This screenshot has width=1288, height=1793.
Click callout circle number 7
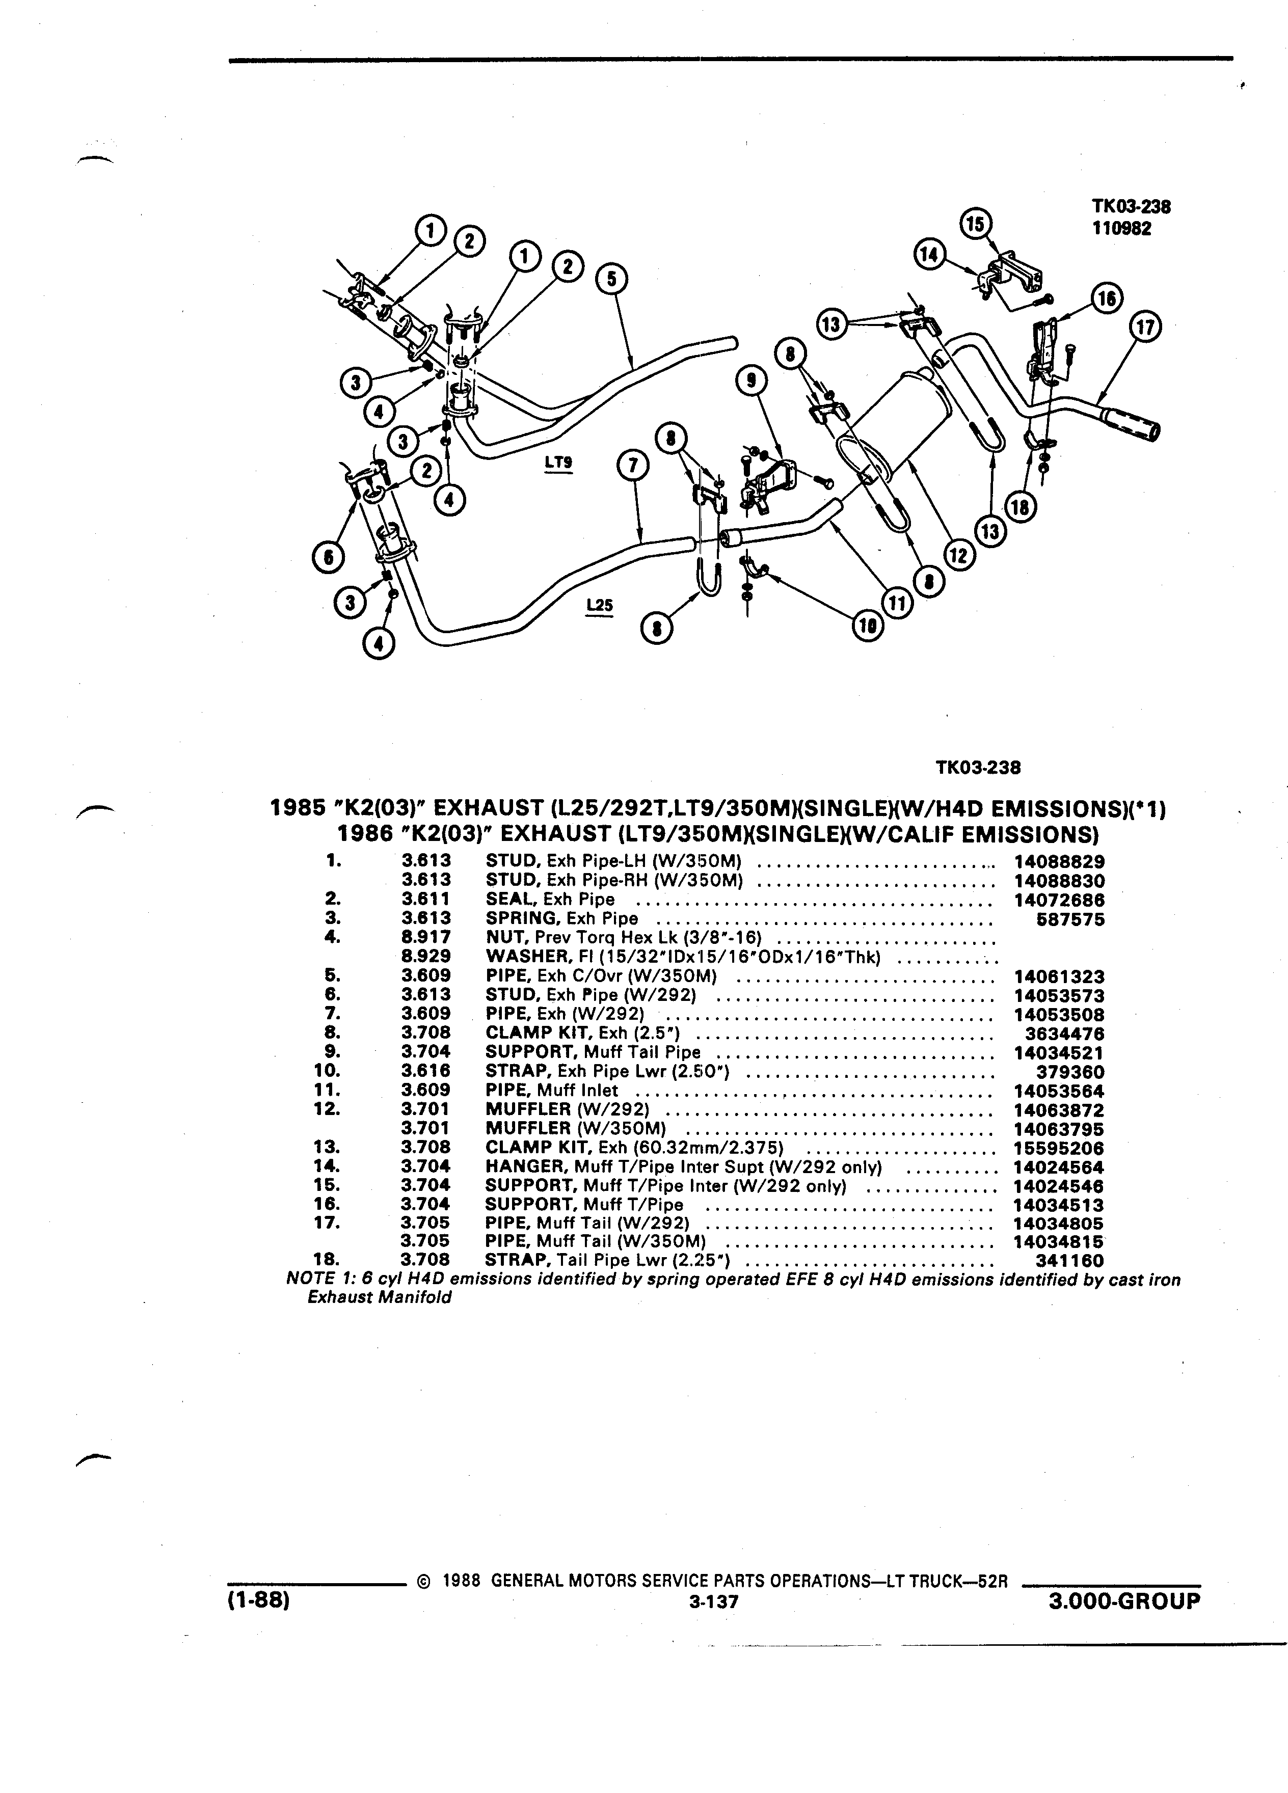pos(632,467)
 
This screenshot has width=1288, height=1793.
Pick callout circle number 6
pos(327,557)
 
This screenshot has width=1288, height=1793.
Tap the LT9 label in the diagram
pos(559,461)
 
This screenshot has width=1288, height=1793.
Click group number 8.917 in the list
pos(425,938)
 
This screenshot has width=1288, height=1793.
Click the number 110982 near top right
pos(1121,229)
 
